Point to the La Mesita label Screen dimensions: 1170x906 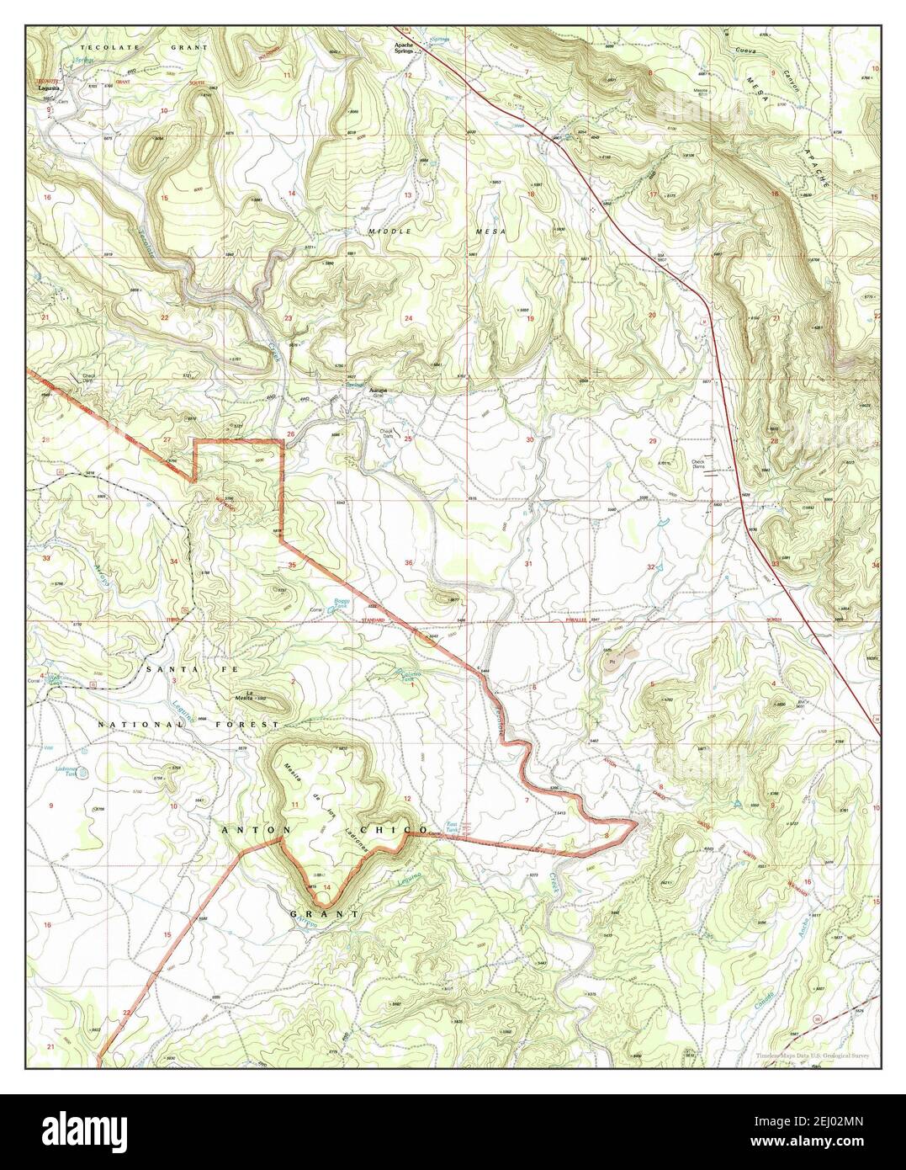243,698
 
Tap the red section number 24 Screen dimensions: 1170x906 408,318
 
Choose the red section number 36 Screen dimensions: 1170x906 408,562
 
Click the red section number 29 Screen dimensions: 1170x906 652,441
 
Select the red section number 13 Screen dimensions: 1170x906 408,195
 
